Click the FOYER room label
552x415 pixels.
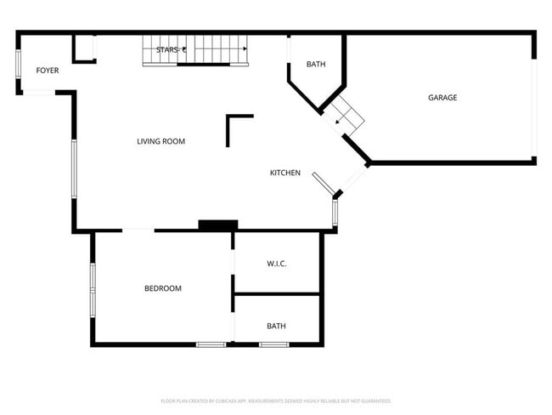pos(47,70)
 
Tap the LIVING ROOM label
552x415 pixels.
pos(161,141)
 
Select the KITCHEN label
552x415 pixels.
pos(285,173)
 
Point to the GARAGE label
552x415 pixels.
pos(442,98)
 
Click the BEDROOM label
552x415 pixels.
pos(162,288)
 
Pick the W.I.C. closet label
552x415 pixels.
pos(277,264)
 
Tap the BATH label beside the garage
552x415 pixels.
pos(316,64)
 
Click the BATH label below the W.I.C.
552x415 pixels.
pos(277,326)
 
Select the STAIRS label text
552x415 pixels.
pos(171,50)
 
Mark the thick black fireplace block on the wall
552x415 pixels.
pos(217,225)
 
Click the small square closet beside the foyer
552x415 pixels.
pos(84,48)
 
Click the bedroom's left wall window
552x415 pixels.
pos(93,290)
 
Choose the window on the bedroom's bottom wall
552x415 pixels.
pos(211,344)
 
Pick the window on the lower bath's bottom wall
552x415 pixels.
pos(273,344)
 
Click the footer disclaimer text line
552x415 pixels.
pos(276,401)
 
